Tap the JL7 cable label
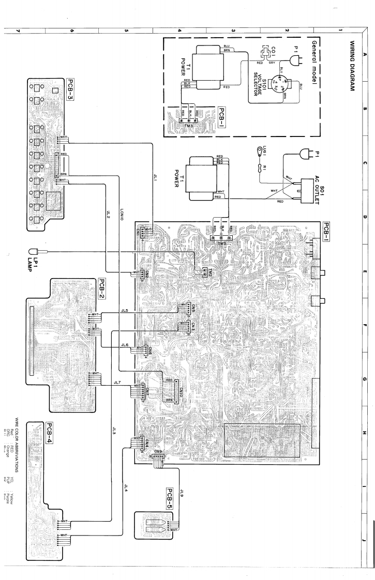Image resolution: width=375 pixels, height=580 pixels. click(x=117, y=383)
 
